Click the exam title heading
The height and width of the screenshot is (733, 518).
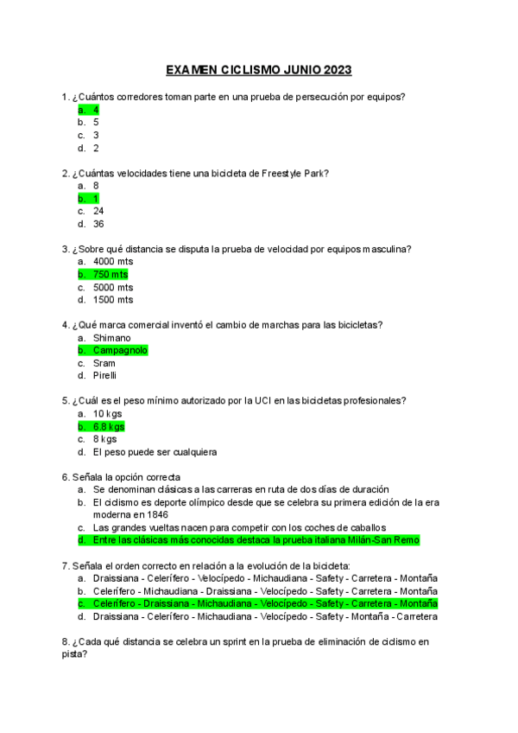[x=258, y=70]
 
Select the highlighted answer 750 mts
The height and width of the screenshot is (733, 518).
[x=110, y=274]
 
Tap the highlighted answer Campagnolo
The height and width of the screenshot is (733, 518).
[x=120, y=350]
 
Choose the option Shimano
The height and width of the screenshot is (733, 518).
[x=111, y=337]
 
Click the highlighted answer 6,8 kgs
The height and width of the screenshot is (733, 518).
[x=109, y=426]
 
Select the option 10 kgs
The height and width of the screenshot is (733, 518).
[x=107, y=413]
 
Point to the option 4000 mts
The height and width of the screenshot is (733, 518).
[x=113, y=261]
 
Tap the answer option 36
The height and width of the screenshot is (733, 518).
[x=98, y=223]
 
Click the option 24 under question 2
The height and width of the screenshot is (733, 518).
[x=98, y=210]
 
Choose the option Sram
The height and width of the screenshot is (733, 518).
[x=104, y=363]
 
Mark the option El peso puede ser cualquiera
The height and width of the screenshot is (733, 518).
[x=155, y=451]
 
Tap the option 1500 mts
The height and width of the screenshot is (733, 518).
[x=113, y=299]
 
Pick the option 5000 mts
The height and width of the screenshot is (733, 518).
[x=113, y=287]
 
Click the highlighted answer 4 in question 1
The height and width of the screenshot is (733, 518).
[x=96, y=110]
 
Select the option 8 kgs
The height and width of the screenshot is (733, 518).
[x=104, y=438]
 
